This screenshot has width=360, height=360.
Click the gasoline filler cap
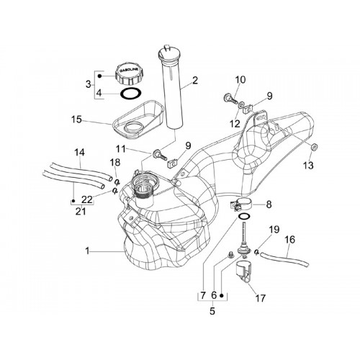tap(127, 73)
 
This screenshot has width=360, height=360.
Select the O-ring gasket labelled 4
tap(130, 94)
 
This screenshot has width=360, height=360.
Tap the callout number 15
tap(76, 120)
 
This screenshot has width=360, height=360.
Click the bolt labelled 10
tap(230, 99)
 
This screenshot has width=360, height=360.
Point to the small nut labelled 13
tap(314, 147)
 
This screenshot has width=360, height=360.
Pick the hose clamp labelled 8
tap(240, 204)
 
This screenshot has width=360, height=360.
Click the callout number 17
tap(261, 298)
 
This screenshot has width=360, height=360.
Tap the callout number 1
tap(87, 251)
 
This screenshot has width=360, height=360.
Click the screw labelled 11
tap(160, 155)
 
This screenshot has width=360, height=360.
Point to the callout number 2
tap(195, 81)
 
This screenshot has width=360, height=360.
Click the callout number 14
tap(80, 153)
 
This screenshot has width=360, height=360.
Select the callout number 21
tap(81, 212)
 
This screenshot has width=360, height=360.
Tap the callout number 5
tap(212, 311)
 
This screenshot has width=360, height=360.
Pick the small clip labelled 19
tap(256, 251)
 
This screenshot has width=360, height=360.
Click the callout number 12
tap(235, 124)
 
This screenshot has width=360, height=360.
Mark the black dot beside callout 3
tap(99, 76)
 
